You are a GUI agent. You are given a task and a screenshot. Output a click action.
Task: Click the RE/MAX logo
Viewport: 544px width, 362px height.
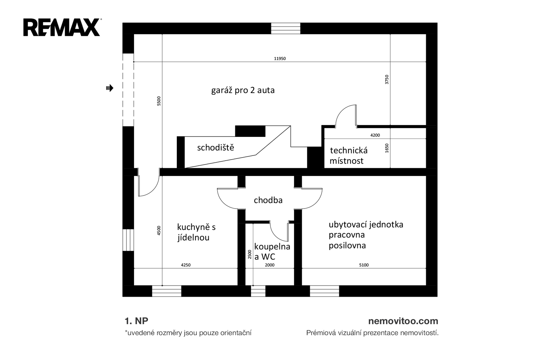tap(62, 28)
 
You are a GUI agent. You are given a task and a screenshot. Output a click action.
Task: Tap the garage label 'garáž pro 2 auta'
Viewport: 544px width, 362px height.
tap(243, 91)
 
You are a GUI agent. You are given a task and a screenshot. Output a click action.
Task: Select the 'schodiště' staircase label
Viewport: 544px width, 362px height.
tap(216, 148)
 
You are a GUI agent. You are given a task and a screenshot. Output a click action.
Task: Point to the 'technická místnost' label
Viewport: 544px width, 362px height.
tap(348, 156)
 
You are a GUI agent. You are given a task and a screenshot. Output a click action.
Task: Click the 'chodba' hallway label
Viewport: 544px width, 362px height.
tap(268, 200)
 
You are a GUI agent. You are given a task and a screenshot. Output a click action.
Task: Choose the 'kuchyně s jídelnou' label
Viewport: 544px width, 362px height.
tap(196, 232)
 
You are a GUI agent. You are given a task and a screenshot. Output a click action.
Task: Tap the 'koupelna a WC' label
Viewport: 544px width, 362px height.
tap(272, 251)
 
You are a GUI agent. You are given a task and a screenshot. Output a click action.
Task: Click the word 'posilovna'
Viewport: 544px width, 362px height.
tap(347, 246)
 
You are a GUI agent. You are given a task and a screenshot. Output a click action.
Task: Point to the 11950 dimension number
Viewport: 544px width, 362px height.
tap(280, 58)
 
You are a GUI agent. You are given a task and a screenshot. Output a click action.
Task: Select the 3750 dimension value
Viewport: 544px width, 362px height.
tap(387, 79)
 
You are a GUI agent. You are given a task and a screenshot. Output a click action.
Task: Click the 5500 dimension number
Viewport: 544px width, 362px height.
tap(159, 101)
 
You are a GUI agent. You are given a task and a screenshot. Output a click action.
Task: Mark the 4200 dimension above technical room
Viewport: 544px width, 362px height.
tap(375, 135)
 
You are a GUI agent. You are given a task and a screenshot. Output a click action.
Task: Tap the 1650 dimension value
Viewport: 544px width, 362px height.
tap(387, 148)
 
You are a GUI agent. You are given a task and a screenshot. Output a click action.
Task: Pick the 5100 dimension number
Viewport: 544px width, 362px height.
tap(364, 265)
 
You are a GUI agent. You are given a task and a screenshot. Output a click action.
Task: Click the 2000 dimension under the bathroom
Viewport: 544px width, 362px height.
tap(270, 265)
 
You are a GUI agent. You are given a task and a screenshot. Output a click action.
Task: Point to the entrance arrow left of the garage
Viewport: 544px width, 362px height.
tap(109, 88)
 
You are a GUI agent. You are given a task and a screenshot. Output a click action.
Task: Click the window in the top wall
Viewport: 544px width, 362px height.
tap(286, 28)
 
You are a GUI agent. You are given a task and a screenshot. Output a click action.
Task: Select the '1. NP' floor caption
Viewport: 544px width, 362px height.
tap(136, 321)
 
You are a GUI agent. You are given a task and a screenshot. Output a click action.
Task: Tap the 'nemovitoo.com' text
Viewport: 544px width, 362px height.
tap(403, 321)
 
